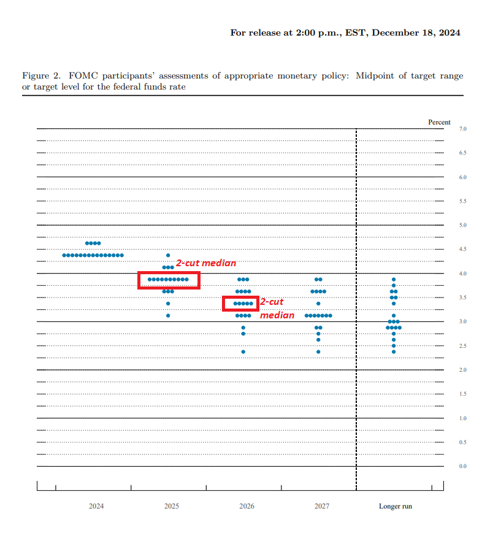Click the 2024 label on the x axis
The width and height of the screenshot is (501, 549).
(x=96, y=507)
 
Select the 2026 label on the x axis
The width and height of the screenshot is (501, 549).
(x=247, y=507)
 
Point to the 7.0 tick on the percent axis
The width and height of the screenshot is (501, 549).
(x=462, y=129)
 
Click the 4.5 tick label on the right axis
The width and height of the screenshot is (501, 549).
(x=462, y=249)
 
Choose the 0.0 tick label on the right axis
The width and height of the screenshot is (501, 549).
(x=462, y=466)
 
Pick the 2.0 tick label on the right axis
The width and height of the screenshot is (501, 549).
(x=462, y=370)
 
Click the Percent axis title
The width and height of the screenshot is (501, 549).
(x=439, y=123)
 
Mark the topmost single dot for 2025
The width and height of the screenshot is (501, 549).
(x=168, y=255)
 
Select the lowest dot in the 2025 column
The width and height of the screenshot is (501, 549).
(x=168, y=316)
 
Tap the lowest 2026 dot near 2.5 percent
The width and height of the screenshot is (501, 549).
(x=243, y=352)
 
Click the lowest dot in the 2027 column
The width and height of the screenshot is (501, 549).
(x=318, y=352)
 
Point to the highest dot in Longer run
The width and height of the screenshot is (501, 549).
(x=394, y=280)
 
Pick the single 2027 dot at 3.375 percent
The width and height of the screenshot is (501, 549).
(x=318, y=304)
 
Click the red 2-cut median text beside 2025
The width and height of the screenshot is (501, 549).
(x=206, y=263)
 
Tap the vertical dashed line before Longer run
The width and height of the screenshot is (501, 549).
(x=356, y=307)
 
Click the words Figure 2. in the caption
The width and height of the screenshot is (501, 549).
(x=42, y=76)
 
